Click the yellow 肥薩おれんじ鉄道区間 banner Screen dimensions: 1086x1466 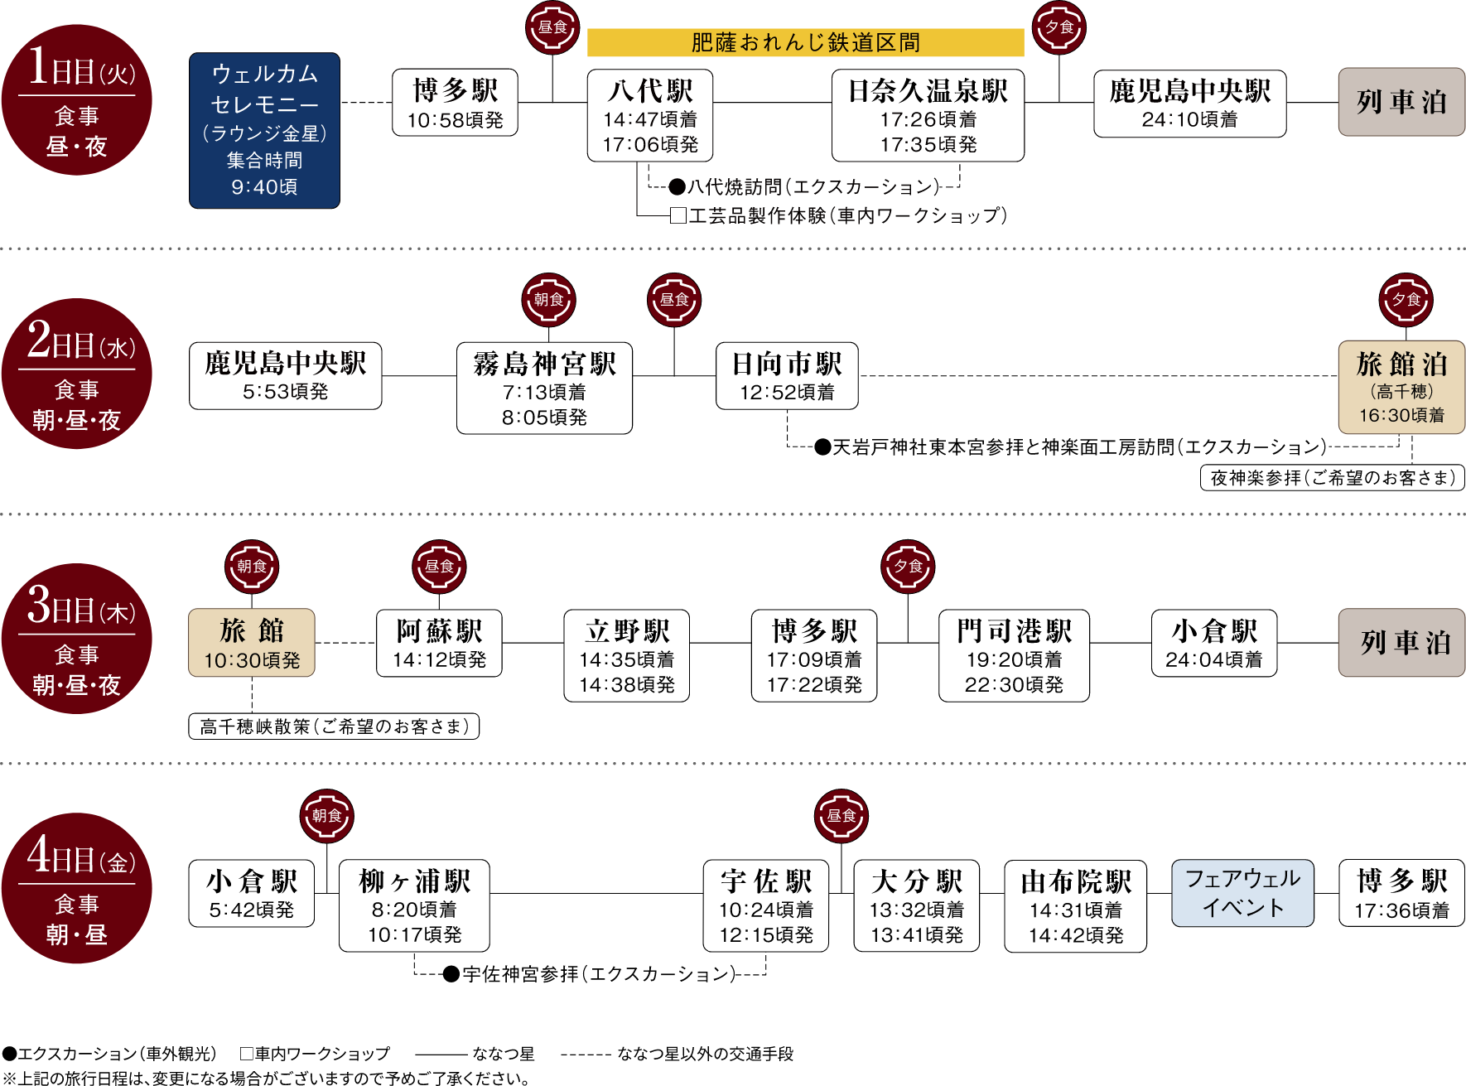tap(805, 42)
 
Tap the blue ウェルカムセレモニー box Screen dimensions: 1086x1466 tap(264, 130)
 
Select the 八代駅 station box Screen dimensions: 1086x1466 tap(650, 115)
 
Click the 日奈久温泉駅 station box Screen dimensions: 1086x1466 tap(928, 115)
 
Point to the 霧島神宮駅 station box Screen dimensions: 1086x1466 tap(544, 388)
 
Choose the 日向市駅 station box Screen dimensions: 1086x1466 tap(787, 375)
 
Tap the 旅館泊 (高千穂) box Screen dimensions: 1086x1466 tap(1401, 387)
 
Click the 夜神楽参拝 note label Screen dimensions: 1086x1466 tap(1332, 478)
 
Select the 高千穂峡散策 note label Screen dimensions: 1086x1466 tap(334, 726)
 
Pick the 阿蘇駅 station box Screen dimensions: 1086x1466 tap(439, 644)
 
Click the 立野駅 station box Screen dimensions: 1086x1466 tap(626, 656)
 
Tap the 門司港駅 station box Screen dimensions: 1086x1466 tap(1014, 656)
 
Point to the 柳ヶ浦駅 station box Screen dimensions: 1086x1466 tap(414, 905)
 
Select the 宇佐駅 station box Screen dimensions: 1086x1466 tap(765, 905)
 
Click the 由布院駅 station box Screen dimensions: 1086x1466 tap(1075, 905)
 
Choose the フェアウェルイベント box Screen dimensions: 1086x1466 tap(1242, 893)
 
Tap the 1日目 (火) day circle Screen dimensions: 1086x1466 tap(77, 100)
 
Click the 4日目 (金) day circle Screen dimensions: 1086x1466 tap(77, 888)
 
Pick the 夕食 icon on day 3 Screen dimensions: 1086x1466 tap(909, 567)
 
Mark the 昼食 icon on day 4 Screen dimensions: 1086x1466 tap(842, 816)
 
